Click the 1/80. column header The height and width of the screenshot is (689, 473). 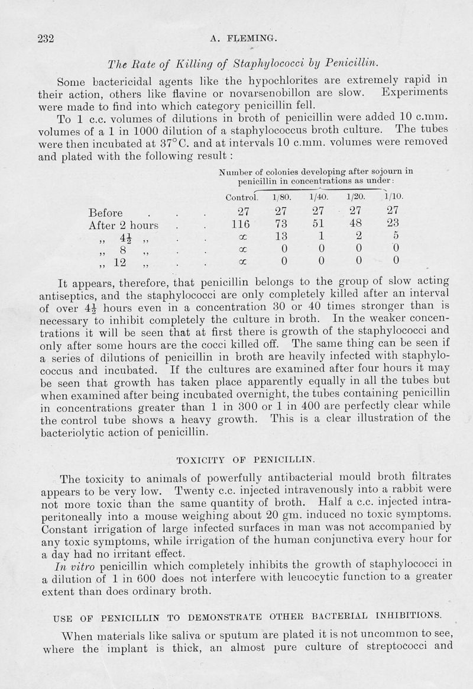[281, 197]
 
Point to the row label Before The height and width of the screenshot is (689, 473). [105, 213]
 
